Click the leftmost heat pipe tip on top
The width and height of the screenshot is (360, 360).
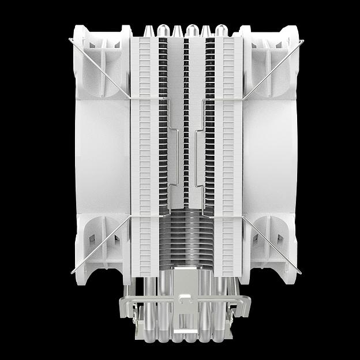coord(147,29)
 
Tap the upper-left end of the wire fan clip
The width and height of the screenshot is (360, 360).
coord(70,40)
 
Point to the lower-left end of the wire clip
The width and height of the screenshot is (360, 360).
coord(72,272)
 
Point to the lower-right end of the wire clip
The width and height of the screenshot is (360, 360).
coord(299,272)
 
